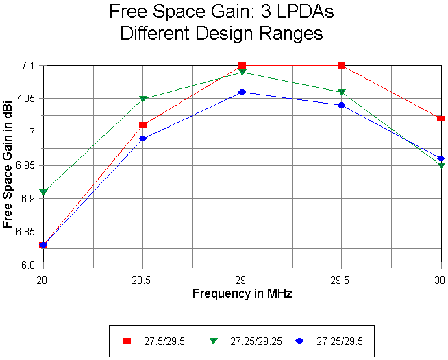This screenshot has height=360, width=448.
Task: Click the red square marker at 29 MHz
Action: (x=242, y=66)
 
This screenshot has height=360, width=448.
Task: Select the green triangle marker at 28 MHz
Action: (x=43, y=192)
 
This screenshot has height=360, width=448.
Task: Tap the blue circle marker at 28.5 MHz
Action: (x=142, y=139)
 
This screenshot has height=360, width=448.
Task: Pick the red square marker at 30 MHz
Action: (x=440, y=119)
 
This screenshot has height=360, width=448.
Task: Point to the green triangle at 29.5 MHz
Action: (x=341, y=92)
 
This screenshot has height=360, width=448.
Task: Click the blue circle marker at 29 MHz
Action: (x=242, y=92)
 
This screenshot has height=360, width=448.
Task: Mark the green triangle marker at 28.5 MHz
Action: (x=142, y=99)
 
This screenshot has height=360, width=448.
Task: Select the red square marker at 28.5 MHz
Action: (x=142, y=125)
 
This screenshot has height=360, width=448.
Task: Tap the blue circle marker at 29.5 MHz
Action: (x=341, y=105)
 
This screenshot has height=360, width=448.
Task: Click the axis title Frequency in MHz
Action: (x=242, y=293)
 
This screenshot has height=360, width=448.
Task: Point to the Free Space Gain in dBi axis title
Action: (x=9, y=165)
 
